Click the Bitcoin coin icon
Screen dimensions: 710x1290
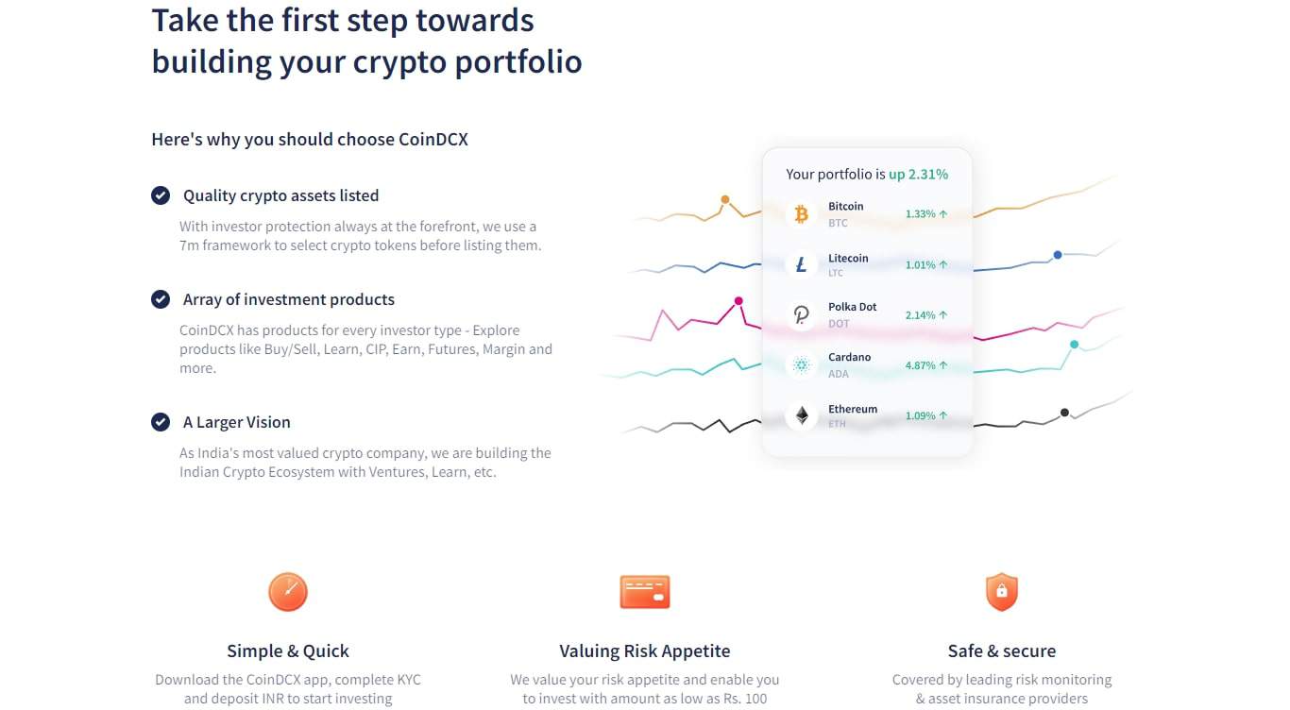click(x=801, y=214)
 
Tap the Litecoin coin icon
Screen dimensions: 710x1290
click(x=801, y=264)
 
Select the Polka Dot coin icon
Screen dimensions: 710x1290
click(x=801, y=314)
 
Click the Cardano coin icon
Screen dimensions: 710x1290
click(x=801, y=364)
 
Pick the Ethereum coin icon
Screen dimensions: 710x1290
click(x=801, y=415)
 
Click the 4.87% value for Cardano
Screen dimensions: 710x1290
click(x=920, y=365)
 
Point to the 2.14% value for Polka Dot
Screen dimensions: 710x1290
click(x=920, y=315)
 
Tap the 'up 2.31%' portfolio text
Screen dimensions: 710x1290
click(x=918, y=175)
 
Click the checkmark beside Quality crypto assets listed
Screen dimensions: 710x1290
click(x=161, y=195)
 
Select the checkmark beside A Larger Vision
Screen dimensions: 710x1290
click(x=161, y=422)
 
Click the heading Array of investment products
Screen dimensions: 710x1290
click(x=289, y=299)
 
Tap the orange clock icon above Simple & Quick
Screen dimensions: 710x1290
click(x=288, y=592)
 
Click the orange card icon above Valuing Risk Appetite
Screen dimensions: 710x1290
click(x=644, y=592)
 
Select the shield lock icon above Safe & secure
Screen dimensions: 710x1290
click(x=1001, y=592)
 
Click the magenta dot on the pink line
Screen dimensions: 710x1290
click(x=738, y=301)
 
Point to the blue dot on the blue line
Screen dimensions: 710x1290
click(x=1058, y=255)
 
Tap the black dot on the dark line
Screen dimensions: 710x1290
click(x=1064, y=413)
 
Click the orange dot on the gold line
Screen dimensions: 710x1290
click(x=725, y=199)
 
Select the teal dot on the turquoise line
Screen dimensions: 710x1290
click(x=1074, y=345)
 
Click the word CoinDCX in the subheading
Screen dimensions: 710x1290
click(x=433, y=140)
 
